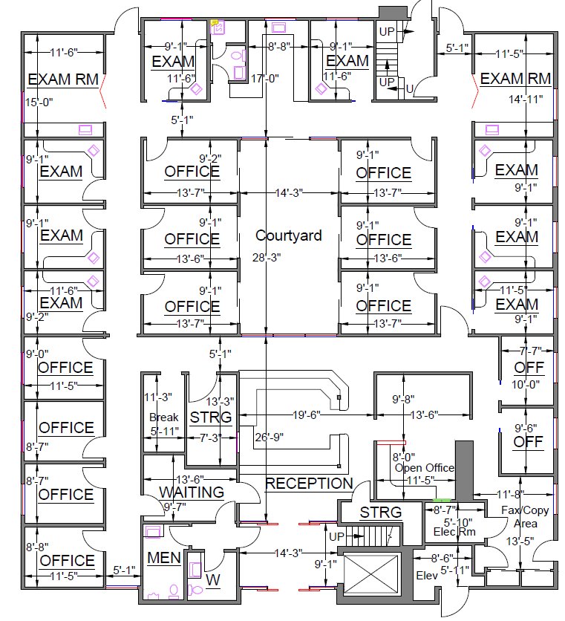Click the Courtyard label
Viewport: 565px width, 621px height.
(x=289, y=235)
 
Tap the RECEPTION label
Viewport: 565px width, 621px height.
(x=309, y=484)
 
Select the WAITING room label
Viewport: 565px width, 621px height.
(x=192, y=492)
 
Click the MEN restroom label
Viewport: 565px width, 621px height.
(x=164, y=557)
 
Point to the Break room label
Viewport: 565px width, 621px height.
(x=164, y=417)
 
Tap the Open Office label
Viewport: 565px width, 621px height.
(x=425, y=468)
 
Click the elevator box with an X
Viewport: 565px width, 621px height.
(x=369, y=576)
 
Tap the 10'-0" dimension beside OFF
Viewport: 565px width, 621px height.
(x=523, y=384)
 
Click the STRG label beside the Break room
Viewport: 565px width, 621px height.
(x=211, y=417)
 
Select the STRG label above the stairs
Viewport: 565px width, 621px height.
(x=380, y=513)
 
